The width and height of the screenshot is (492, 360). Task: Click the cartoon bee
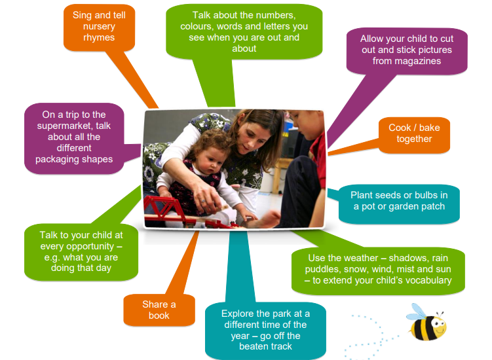(x=426, y=323)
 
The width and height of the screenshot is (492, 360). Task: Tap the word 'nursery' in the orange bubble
(x=99, y=26)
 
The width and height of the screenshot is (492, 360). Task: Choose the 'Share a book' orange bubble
(x=159, y=310)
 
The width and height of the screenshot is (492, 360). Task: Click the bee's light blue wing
(x=417, y=311)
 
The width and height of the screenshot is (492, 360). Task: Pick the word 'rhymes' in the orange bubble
(x=99, y=37)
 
